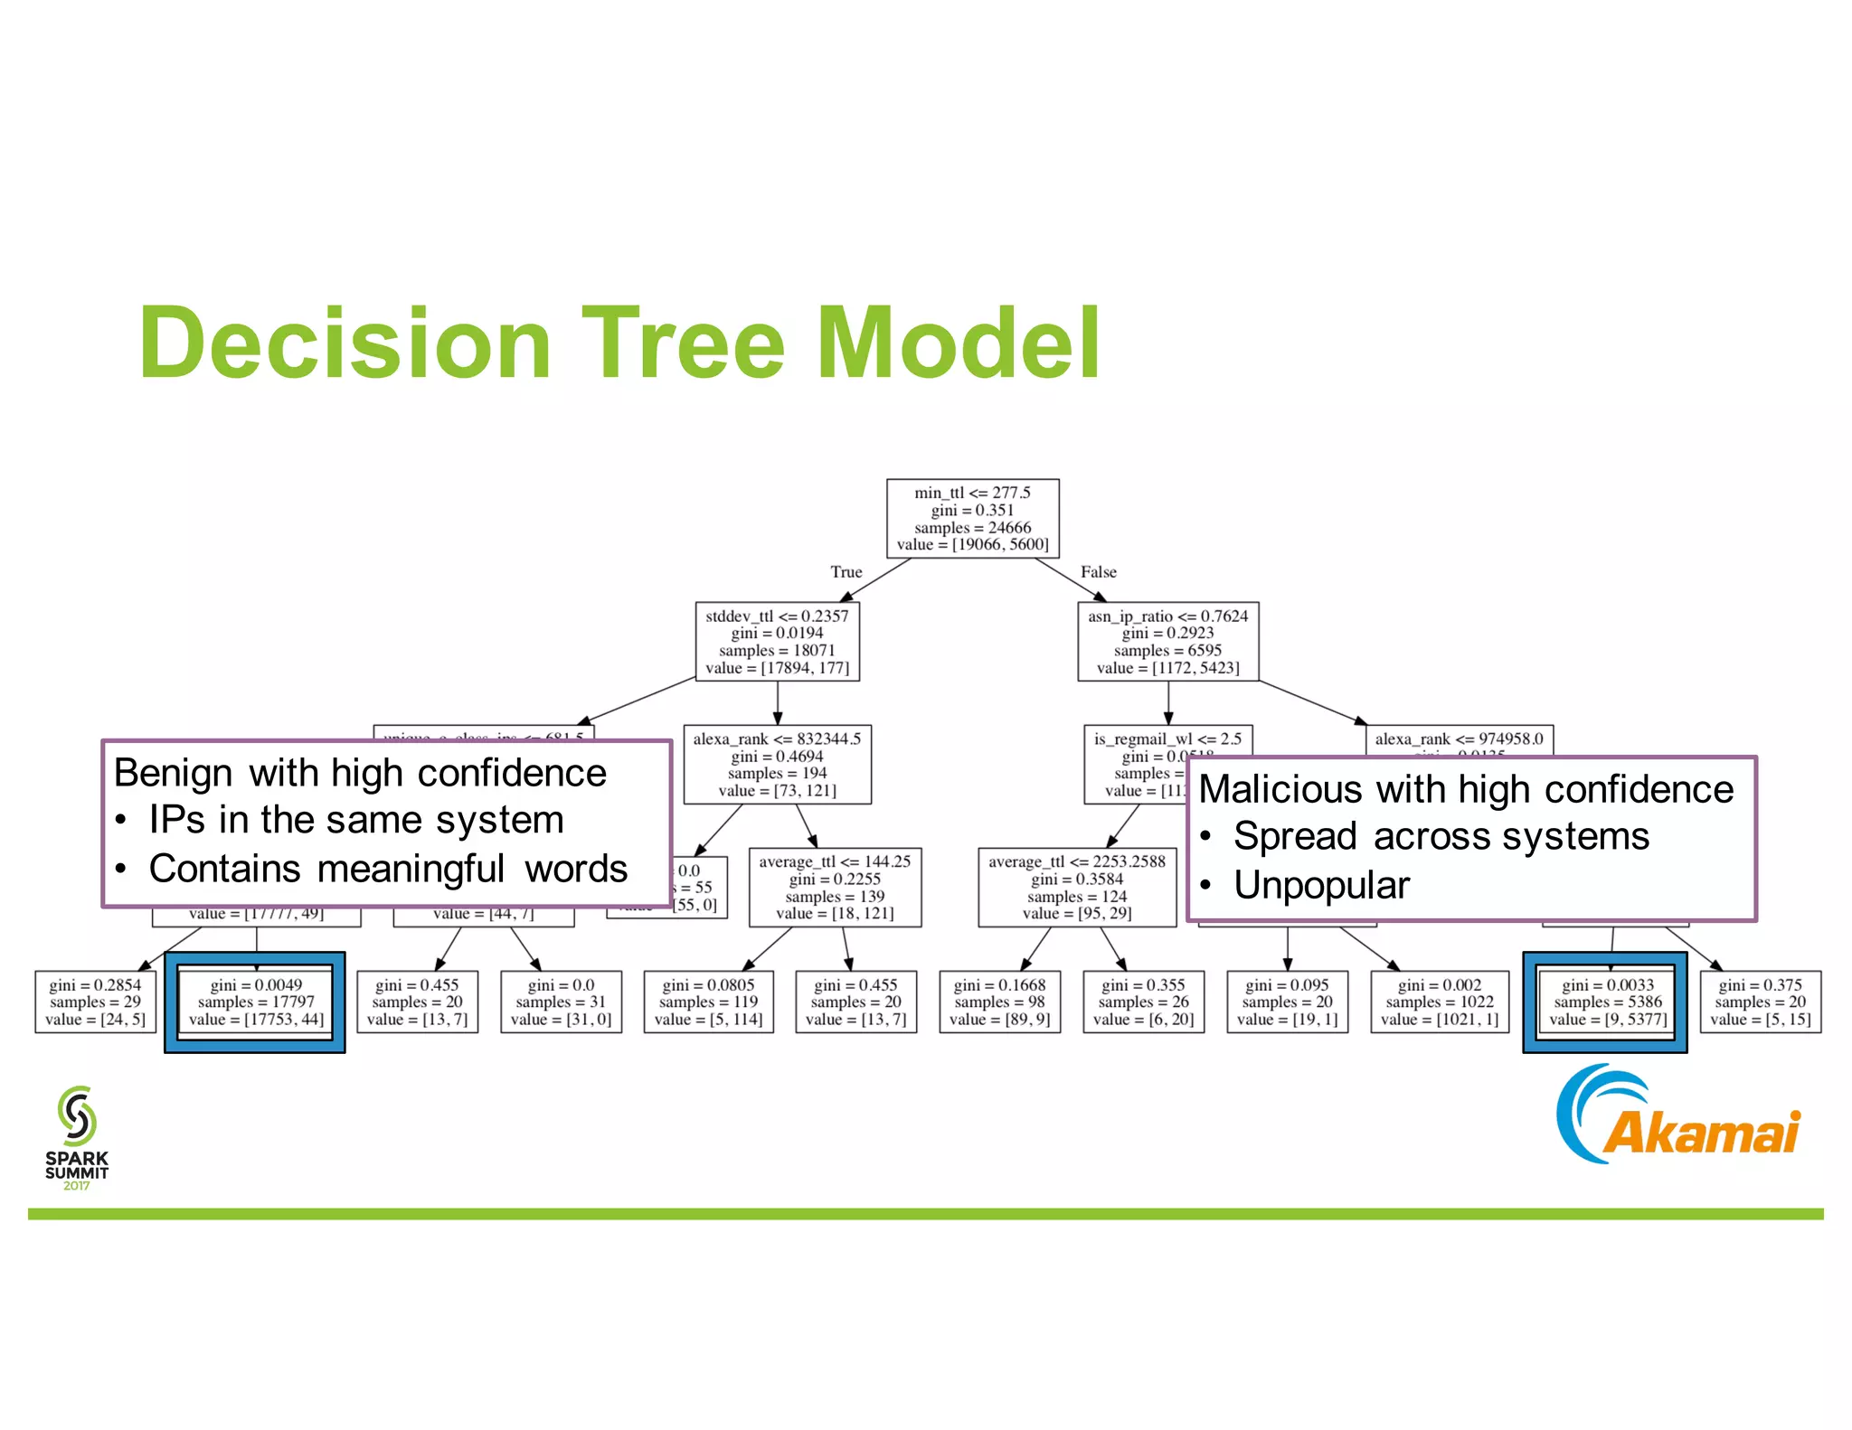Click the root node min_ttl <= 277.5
pyautogui.click(x=972, y=518)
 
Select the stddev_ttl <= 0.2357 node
pyautogui.click(x=777, y=642)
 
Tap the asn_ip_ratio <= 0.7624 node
pyautogui.click(x=1167, y=642)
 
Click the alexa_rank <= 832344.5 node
pyautogui.click(x=777, y=765)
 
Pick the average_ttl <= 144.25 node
pyautogui.click(x=835, y=888)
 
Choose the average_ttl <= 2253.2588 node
pyautogui.click(x=1076, y=888)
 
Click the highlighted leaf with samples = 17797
pyautogui.click(x=256, y=1002)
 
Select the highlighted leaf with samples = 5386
pyautogui.click(x=1606, y=1002)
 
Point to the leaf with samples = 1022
pyautogui.click(x=1439, y=1002)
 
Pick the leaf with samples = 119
pyautogui.click(x=709, y=1002)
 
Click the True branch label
pyautogui.click(x=846, y=572)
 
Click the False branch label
pyautogui.click(x=1098, y=572)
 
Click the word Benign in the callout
pyautogui.click(x=173, y=774)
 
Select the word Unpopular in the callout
pyautogui.click(x=1320, y=885)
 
